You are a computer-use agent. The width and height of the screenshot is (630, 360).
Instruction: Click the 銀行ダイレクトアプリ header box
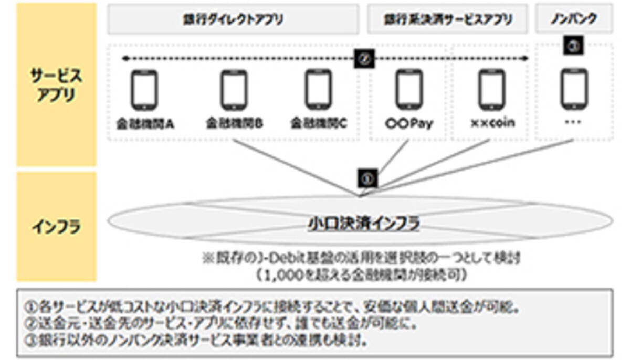pos(234,20)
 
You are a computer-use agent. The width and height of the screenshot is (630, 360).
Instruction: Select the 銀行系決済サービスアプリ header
pos(447,20)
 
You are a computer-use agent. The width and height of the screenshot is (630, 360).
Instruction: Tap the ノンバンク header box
pos(574,20)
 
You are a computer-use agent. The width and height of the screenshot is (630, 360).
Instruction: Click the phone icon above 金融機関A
pos(144,89)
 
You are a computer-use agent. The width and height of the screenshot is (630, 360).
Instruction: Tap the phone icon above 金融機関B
pos(234,89)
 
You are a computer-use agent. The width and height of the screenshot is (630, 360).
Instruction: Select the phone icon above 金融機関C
pos(319,89)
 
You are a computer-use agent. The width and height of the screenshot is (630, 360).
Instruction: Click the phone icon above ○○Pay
pos(409,89)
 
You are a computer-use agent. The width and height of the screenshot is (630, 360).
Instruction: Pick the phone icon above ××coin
pos(492,89)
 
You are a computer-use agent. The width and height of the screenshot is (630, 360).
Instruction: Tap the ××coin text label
pos(492,123)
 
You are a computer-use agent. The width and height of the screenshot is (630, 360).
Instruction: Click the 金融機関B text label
pos(234,124)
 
